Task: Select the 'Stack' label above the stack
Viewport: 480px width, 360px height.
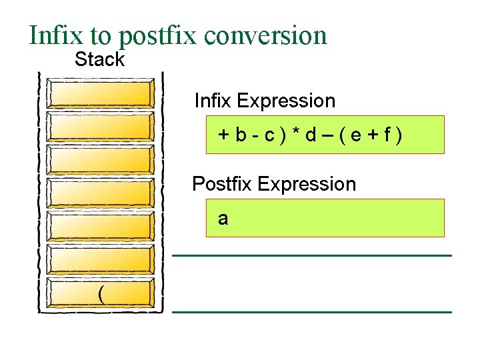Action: click(99, 59)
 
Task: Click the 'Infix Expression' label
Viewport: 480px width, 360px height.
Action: click(265, 101)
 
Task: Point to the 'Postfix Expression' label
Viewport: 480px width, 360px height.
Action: click(274, 184)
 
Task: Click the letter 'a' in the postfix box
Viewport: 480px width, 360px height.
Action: click(223, 219)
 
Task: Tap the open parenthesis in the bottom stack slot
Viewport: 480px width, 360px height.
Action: click(101, 293)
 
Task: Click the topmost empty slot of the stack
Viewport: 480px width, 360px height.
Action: click(100, 94)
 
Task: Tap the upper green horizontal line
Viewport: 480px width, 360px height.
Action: click(312, 255)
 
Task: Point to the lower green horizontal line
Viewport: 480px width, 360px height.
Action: click(312, 311)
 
